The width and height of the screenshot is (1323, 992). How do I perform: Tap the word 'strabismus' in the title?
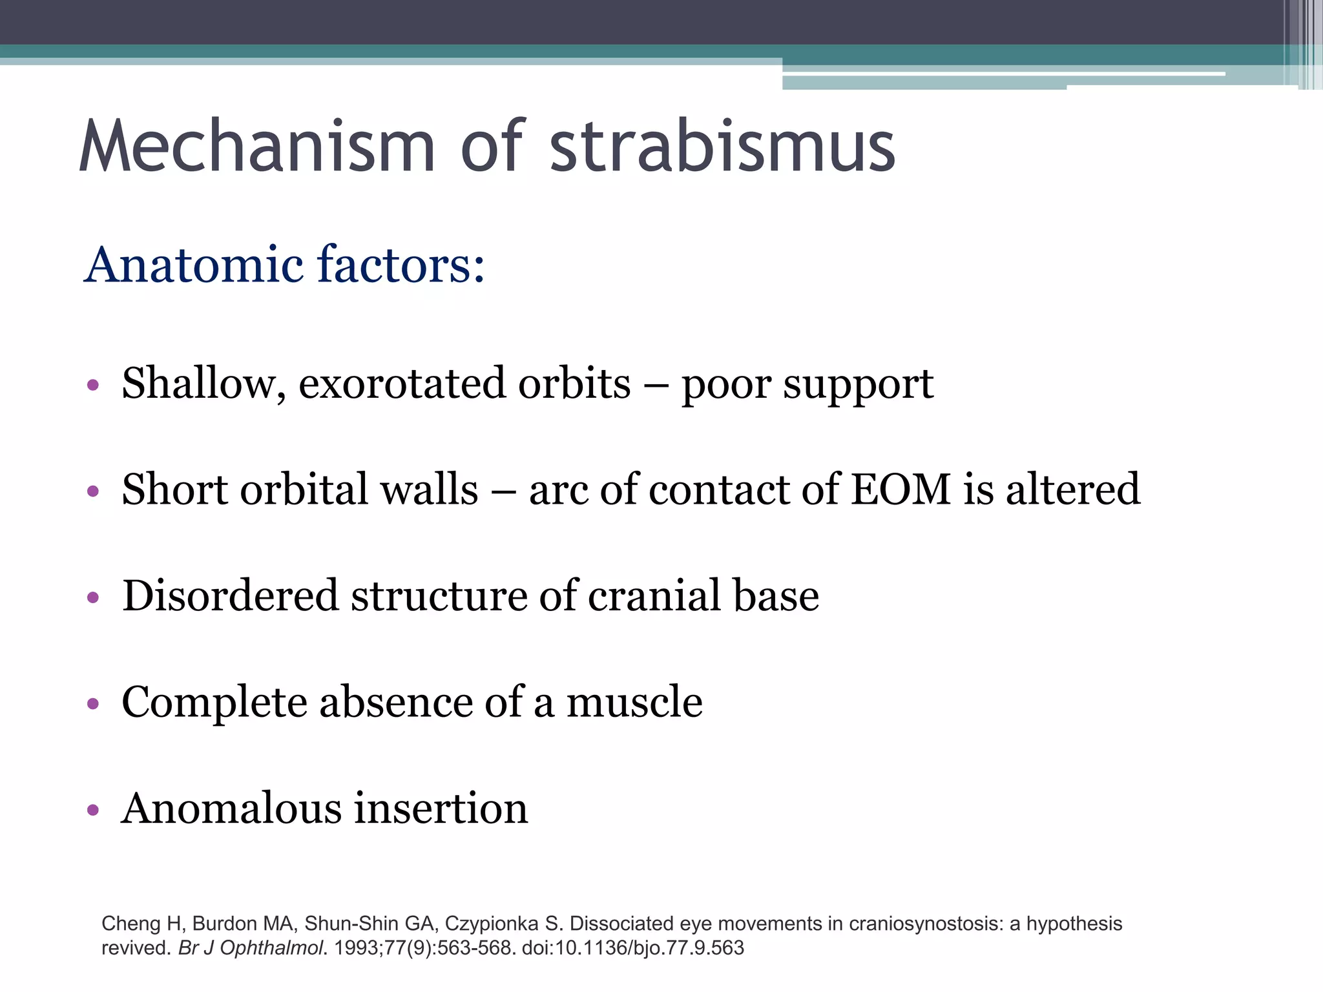tap(722, 147)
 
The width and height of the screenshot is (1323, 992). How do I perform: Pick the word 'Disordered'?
tap(230, 595)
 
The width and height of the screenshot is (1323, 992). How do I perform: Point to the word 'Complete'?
tap(214, 703)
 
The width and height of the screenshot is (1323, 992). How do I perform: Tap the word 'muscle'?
tap(634, 702)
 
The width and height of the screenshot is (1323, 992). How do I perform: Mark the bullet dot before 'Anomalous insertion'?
tap(93, 810)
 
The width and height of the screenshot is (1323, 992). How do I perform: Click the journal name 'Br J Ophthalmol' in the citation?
tap(250, 948)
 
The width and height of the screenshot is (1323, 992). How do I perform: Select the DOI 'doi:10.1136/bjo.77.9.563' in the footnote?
tap(632, 948)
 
